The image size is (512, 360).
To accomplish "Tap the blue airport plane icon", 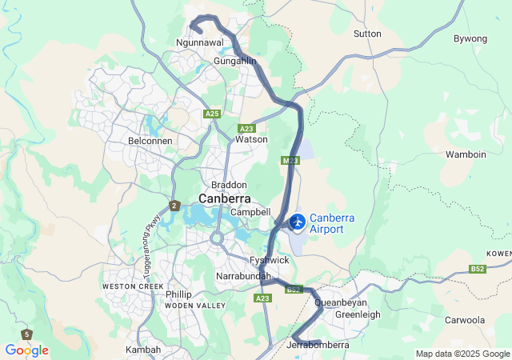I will click(297, 221).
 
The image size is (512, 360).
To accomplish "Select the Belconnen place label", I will click(150, 141).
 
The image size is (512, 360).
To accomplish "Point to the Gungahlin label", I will click(234, 61).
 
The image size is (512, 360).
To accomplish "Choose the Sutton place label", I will click(367, 34).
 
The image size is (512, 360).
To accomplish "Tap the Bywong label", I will click(470, 38).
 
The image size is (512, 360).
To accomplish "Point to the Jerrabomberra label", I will click(317, 346).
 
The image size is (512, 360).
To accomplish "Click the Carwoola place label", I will click(465, 320).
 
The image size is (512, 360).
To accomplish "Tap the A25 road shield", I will click(212, 114).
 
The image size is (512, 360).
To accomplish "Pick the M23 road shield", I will click(290, 161).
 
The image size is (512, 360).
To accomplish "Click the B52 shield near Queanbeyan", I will click(294, 290).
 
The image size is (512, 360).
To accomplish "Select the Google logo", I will click(26, 350).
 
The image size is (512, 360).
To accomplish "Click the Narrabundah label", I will click(240, 276).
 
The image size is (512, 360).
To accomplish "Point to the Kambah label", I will click(143, 350).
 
